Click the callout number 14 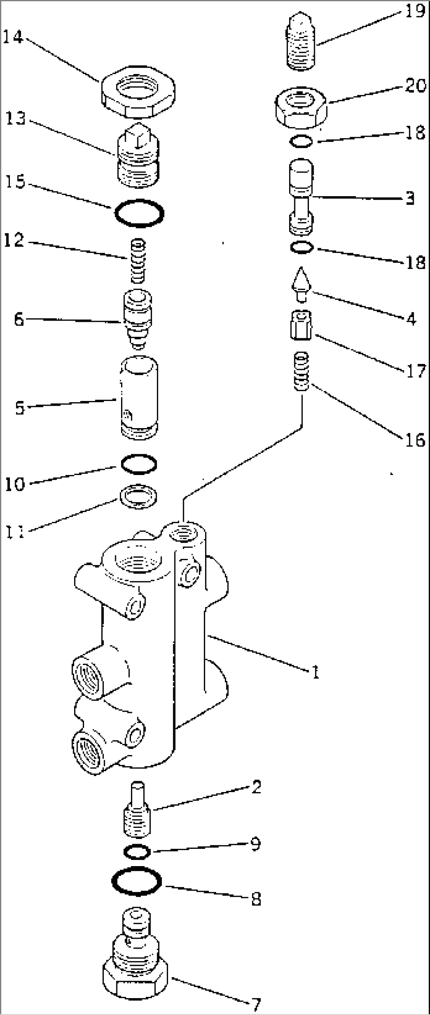click(x=13, y=37)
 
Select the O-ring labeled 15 click(x=139, y=213)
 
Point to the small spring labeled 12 click(x=138, y=260)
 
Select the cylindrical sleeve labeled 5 click(x=139, y=397)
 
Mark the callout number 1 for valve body click(x=315, y=672)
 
